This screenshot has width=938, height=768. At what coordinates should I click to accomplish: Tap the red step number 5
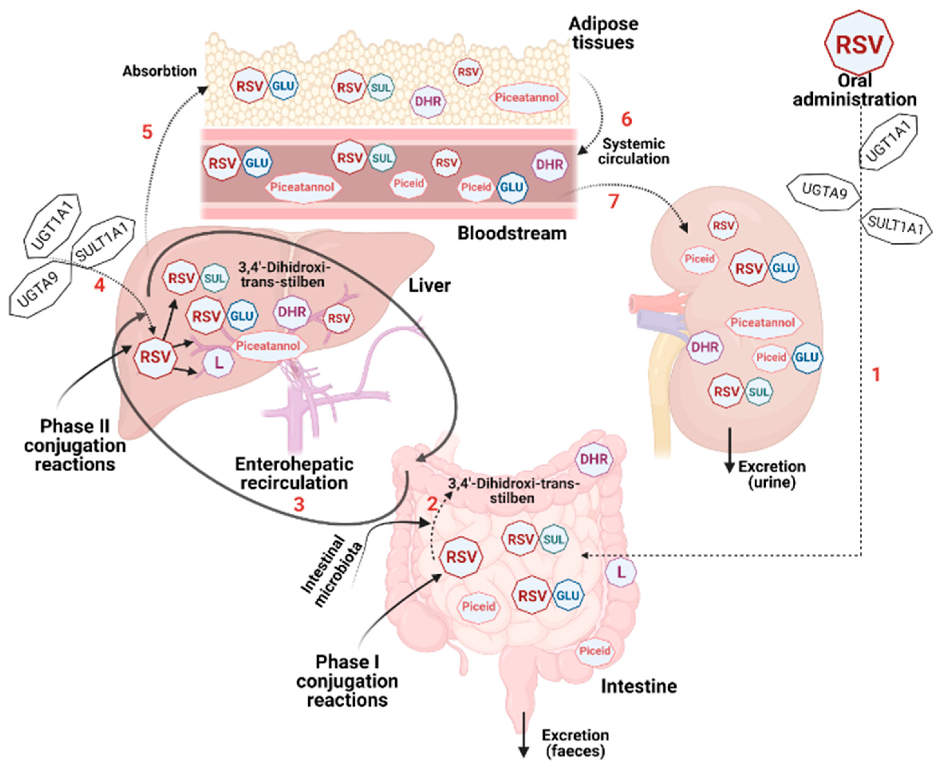pyautogui.click(x=147, y=132)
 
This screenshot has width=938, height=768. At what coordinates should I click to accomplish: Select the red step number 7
pyautogui.click(x=613, y=201)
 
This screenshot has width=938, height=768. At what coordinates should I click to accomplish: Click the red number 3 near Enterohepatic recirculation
pyautogui.click(x=299, y=504)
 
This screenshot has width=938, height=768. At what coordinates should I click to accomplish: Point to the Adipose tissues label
pyautogui.click(x=603, y=33)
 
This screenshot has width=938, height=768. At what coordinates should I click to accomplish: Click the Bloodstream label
pyautogui.click(x=512, y=233)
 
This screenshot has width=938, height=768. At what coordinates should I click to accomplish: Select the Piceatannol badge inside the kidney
pyautogui.click(x=762, y=323)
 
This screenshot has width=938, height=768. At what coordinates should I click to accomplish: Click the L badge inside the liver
pyautogui.click(x=218, y=363)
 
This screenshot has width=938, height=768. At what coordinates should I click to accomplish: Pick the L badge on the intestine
pyautogui.click(x=621, y=572)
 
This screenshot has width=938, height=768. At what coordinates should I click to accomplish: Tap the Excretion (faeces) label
pyautogui.click(x=575, y=743)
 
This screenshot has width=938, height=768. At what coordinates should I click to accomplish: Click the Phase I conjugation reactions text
pyautogui.click(x=347, y=681)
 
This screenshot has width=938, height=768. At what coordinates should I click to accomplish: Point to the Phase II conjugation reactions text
pyautogui.click(x=75, y=445)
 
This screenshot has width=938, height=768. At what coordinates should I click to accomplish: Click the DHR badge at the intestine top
pyautogui.click(x=594, y=459)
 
